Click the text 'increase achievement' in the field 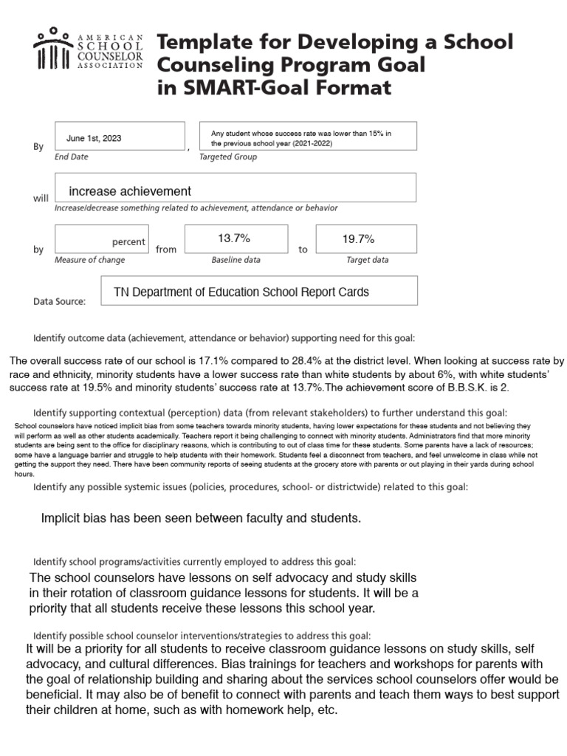click(x=130, y=191)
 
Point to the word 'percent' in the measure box click(x=128, y=242)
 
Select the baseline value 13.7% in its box click(x=234, y=238)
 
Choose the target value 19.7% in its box click(x=359, y=238)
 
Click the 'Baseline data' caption click(x=236, y=260)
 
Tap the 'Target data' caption click(x=367, y=260)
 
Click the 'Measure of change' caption click(x=90, y=260)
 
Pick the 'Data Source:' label click(x=60, y=301)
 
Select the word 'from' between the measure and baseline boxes click(x=166, y=250)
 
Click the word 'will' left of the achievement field click(x=40, y=199)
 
